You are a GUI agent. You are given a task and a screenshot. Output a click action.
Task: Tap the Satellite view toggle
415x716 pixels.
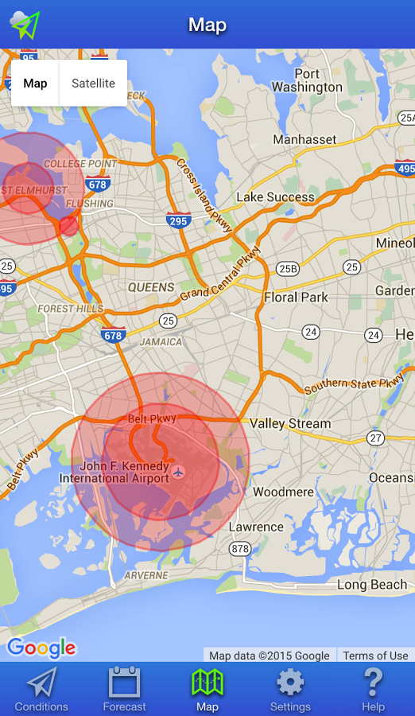pos(93,84)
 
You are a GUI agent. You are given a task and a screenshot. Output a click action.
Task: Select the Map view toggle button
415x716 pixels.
pos(35,84)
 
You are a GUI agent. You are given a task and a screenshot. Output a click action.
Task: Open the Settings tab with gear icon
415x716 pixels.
pos(290,689)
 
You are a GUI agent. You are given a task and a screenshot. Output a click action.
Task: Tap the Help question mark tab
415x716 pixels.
pos(373,689)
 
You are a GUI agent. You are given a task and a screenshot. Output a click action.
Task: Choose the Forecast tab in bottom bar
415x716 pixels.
pos(124,689)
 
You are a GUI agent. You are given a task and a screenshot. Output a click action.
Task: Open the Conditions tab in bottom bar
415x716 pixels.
pos(41,689)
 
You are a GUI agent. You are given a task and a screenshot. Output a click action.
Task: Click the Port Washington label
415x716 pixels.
pos(307,80)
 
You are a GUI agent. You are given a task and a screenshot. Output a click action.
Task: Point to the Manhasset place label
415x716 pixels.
pos(304,139)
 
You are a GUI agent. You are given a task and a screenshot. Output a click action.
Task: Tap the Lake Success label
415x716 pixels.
pos(275,197)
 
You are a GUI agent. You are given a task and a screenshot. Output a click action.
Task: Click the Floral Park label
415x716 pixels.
pos(296,298)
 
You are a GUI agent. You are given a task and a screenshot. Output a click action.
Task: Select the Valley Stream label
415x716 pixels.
pos(290,423)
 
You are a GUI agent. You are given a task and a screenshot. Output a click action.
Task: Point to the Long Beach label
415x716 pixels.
pos(371,585)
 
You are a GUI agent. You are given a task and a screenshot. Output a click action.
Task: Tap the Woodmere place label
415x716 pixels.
pos(283,492)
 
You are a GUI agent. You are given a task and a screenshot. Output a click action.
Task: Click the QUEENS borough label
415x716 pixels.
pos(150,287)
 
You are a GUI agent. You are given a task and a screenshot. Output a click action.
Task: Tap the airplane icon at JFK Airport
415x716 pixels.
pos(178,473)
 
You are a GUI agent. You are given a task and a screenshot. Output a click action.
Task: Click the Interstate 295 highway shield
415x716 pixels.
pos(178,220)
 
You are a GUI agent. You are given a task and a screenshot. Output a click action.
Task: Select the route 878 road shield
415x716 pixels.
pos(239,549)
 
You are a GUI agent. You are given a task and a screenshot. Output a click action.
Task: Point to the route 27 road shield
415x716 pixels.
pos(376,438)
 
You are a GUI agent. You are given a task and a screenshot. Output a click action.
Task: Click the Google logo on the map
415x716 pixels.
pos(41,648)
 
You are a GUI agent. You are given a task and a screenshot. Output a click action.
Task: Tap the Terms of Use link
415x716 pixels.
pos(375,656)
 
